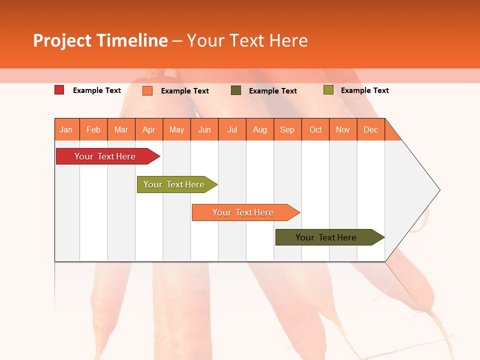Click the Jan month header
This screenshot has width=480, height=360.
[66, 129]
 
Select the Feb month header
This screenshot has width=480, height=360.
[93, 129]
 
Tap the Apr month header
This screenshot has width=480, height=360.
[149, 129]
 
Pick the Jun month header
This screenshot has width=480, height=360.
[204, 129]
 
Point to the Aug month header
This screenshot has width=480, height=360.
[260, 129]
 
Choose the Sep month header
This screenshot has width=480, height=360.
[287, 129]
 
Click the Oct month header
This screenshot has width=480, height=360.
[315, 129]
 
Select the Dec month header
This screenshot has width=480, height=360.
[371, 129]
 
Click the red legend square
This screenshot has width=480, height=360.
[59, 90]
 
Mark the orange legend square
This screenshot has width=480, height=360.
[147, 90]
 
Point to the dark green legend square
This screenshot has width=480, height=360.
[236, 90]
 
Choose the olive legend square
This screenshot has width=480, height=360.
[328, 90]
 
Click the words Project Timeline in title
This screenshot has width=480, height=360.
[100, 40]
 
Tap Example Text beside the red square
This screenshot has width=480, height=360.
[97, 90]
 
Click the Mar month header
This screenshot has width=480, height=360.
[121, 129]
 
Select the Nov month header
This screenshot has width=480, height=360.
[343, 129]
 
